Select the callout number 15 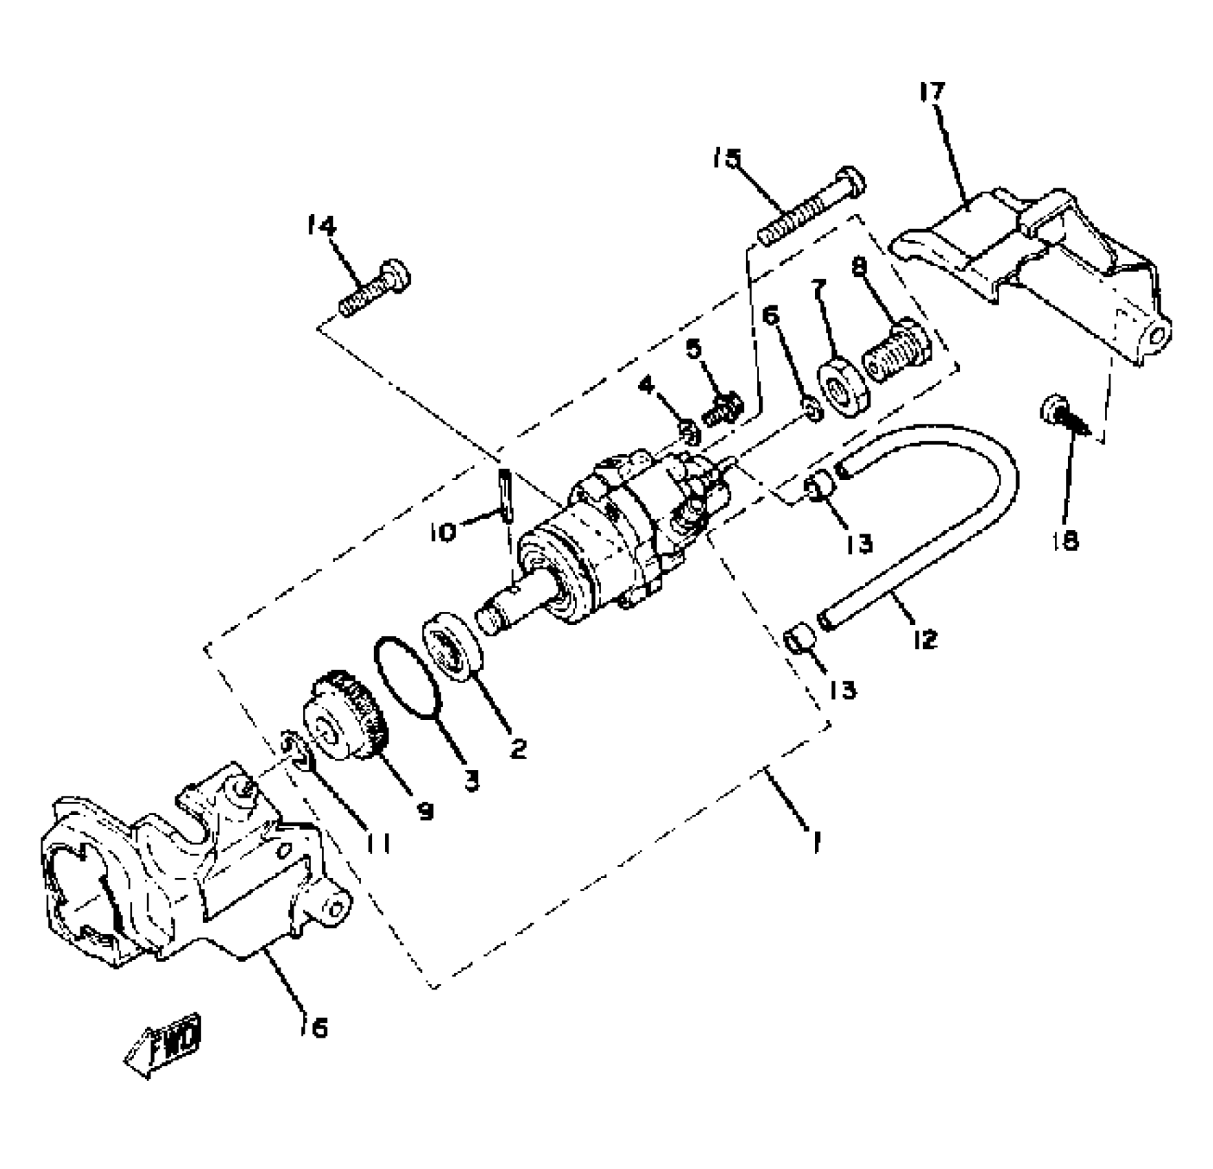(x=726, y=160)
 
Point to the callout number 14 (x=321, y=226)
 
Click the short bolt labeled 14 (x=375, y=288)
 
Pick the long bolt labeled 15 (x=811, y=207)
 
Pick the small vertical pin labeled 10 (x=507, y=495)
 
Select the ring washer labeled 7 (x=843, y=389)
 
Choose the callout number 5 (x=695, y=349)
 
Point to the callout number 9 (x=426, y=811)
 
